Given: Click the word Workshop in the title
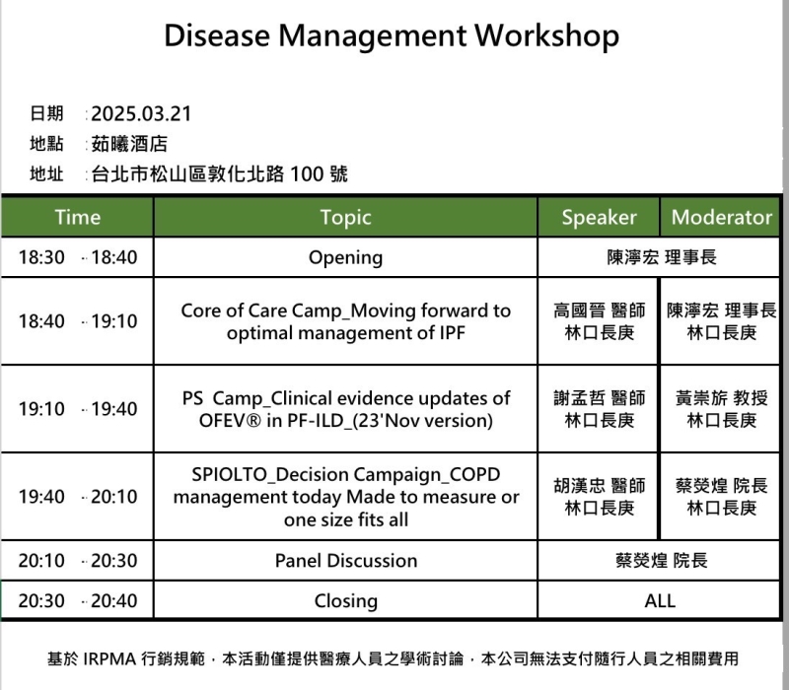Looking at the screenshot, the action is coord(546,36).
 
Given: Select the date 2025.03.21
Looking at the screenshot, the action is coord(141,113).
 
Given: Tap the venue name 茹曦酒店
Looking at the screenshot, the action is coord(129,144).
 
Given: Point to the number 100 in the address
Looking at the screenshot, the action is coord(307,174).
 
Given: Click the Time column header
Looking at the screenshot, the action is coord(78,217).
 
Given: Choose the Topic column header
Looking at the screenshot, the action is coord(346,217).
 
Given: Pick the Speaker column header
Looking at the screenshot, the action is coord(599,217).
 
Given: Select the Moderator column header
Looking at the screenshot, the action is coord(722,217).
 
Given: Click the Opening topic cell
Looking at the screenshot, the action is coord(346,257).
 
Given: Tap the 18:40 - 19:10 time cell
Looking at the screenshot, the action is coord(78,321).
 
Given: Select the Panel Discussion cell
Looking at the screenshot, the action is coord(346,560).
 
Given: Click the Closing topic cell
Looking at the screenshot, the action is coord(346,601).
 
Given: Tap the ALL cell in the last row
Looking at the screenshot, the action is coord(660,600).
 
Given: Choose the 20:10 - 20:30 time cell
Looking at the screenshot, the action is coord(78,560).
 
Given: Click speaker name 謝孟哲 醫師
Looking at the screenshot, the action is coord(599,398).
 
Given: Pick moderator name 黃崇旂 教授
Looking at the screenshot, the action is coord(722,398).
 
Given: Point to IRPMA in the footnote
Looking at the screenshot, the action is coord(109,658).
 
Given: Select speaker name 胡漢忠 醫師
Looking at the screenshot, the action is coord(599,485).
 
